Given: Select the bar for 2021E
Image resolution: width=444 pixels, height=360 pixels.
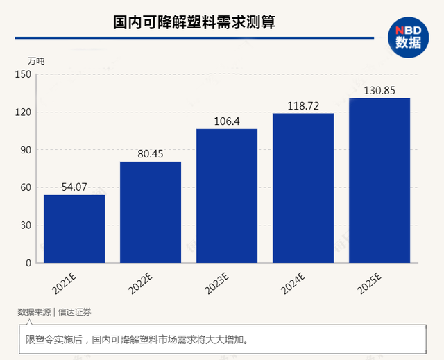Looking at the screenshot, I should tap(74, 229).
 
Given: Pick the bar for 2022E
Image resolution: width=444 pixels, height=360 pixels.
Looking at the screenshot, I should tap(151, 212).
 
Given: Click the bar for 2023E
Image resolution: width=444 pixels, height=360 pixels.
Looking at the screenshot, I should tap(227, 196).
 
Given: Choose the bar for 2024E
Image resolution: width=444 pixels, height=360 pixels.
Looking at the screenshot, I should tap(303, 188).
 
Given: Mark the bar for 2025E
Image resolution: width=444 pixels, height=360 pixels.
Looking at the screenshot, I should tap(379, 180).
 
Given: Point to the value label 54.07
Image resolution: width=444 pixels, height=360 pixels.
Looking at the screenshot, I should tap(74, 187).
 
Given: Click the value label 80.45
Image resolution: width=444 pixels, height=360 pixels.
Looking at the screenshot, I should tap(151, 154).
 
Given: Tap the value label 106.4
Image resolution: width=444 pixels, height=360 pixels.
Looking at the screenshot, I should tap(227, 121).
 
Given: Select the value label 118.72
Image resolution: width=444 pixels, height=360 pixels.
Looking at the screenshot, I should tap(303, 106).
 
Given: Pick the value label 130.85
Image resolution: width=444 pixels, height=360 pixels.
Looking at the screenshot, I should tap(379, 90).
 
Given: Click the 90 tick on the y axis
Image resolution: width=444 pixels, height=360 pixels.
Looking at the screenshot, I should tap(26, 150).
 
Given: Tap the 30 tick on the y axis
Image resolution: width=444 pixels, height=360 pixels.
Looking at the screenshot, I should tap(26, 225).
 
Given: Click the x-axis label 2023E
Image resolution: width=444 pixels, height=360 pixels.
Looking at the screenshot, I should tap(219, 284).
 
